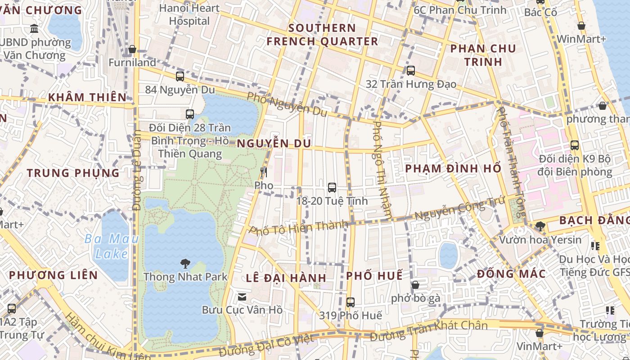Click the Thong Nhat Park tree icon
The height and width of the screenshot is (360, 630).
(185, 263)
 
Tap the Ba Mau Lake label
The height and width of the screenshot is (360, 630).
(112, 246)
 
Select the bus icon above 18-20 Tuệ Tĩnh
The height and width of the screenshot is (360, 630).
(332, 188)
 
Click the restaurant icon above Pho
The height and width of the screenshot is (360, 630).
(264, 172)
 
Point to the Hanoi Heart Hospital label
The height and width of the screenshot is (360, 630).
(189, 14)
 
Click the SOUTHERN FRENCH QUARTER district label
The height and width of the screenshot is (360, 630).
(322, 35)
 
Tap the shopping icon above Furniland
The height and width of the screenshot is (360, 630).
(132, 49)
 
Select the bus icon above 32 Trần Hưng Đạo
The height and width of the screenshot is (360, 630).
(411, 71)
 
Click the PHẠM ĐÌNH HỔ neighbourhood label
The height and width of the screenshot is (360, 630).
(453, 169)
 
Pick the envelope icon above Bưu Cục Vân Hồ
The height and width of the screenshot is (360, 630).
(242, 297)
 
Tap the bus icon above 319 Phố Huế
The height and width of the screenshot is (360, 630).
(351, 302)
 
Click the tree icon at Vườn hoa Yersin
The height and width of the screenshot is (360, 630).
(540, 226)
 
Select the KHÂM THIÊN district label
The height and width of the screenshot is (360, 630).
(87, 97)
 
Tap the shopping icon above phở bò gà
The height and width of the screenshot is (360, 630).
(415, 285)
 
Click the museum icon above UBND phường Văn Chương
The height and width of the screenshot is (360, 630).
(34, 29)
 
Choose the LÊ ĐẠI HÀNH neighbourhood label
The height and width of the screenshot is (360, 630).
(286, 278)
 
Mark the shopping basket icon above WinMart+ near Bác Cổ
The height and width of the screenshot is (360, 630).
(581, 26)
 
